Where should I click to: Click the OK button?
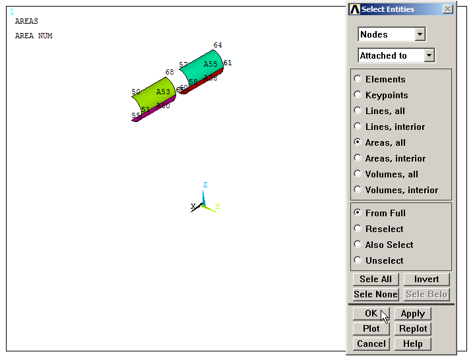pyautogui.click(x=371, y=314)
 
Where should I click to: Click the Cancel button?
pyautogui.click(x=371, y=344)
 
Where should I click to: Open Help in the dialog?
pyautogui.click(x=412, y=344)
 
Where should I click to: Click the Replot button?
pyautogui.click(x=412, y=328)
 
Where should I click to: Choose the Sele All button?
pyautogui.click(x=375, y=279)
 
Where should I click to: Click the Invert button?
pyautogui.click(x=426, y=279)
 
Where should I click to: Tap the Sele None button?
pyautogui.click(x=375, y=294)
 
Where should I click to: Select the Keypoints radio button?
pyautogui.click(x=358, y=95)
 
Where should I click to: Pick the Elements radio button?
pyautogui.click(x=358, y=79)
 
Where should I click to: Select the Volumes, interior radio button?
pyautogui.click(x=358, y=190)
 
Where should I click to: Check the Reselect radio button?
pyautogui.click(x=358, y=229)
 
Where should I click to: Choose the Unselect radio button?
pyautogui.click(x=358, y=260)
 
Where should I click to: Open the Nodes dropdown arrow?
pyautogui.click(x=420, y=34)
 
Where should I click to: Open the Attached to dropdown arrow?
pyautogui.click(x=429, y=55)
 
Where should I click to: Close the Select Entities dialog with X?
pyautogui.click(x=448, y=9)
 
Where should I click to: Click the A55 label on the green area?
pyautogui.click(x=210, y=65)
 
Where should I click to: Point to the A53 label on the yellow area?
pyautogui.click(x=163, y=92)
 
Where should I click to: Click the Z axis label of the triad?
pyautogui.click(x=205, y=185)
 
